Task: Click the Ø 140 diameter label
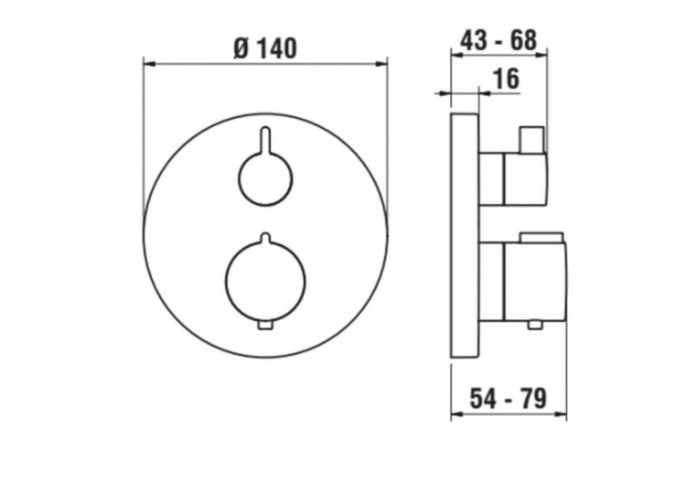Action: [x=265, y=48]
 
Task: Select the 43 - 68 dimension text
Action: [x=498, y=40]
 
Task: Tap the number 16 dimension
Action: [x=506, y=80]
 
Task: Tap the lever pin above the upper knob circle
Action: [x=264, y=139]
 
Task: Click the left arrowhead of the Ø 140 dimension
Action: [x=150, y=62]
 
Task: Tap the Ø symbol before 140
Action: [x=241, y=48]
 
